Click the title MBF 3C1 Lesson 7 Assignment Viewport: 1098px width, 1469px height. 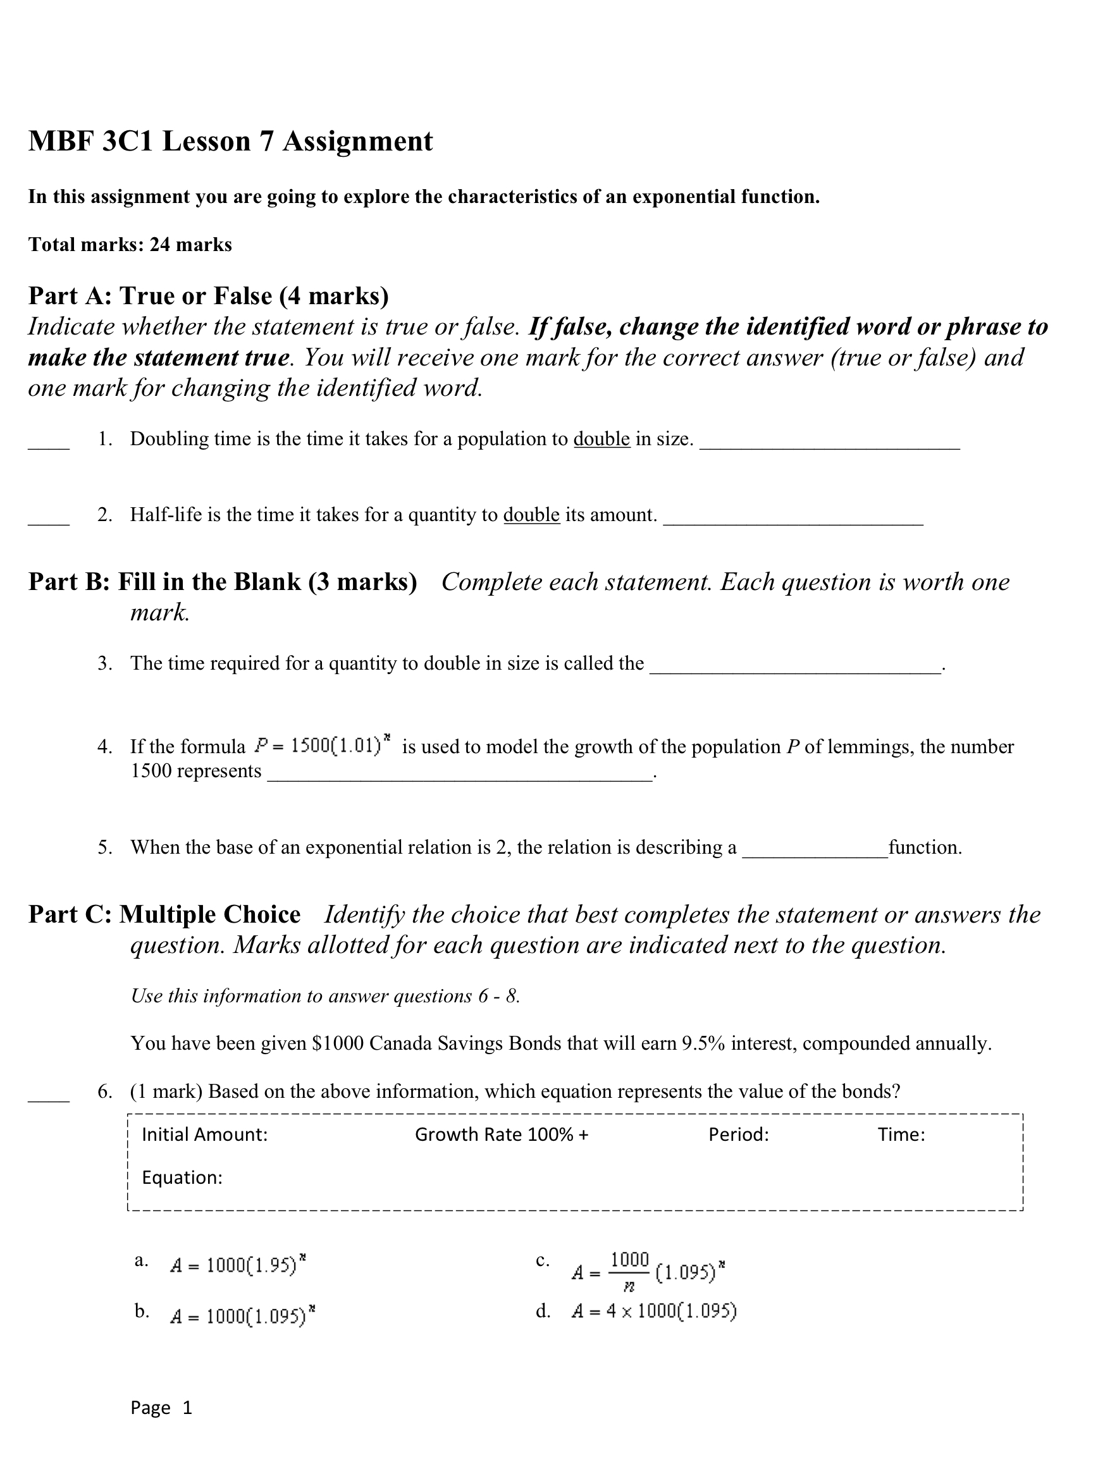(x=230, y=142)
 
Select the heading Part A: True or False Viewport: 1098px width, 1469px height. (x=208, y=295)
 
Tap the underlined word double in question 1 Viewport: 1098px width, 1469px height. (x=600, y=439)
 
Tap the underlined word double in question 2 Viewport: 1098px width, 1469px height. (x=531, y=515)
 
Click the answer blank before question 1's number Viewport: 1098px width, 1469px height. (x=49, y=446)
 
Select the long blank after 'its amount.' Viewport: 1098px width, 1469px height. (x=793, y=521)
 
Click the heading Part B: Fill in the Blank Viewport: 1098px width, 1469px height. (x=223, y=582)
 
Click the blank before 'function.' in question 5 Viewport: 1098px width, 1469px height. (x=815, y=855)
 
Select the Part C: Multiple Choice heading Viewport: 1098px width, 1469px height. (x=164, y=914)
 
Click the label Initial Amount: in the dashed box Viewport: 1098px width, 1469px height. (x=204, y=1134)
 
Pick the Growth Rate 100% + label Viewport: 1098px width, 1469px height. (x=502, y=1134)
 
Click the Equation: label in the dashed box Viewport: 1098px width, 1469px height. (x=182, y=1177)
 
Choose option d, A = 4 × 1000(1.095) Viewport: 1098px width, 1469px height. (x=653, y=1311)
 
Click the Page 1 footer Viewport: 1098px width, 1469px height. (x=161, y=1407)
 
